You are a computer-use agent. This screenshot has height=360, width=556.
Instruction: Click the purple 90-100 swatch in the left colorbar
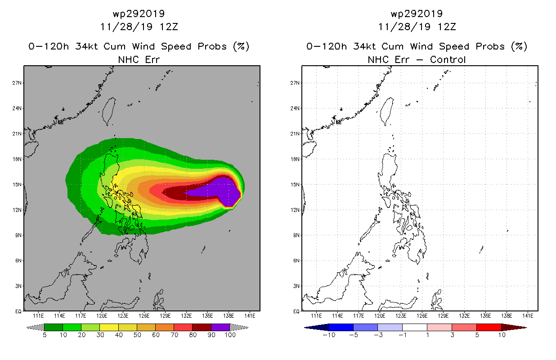pyautogui.click(x=220, y=327)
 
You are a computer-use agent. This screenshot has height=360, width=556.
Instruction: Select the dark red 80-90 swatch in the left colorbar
pyautogui.click(x=202, y=327)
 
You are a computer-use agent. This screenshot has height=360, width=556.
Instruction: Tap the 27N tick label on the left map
pyautogui.click(x=18, y=83)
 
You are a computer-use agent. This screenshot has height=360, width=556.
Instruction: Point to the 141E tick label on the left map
pyautogui.click(x=250, y=315)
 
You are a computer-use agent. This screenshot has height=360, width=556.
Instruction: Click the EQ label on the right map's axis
pyautogui.click(x=296, y=311)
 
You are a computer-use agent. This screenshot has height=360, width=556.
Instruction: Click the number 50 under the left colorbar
pyautogui.click(x=137, y=335)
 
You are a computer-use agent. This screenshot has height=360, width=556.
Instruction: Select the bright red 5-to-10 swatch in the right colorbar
pyautogui.click(x=489, y=327)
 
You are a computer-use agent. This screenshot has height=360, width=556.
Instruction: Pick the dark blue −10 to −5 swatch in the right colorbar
pyautogui.click(x=341, y=327)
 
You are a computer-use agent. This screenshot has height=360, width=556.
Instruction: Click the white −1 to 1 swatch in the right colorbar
pyautogui.click(x=415, y=327)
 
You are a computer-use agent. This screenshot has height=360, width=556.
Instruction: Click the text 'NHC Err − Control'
pyautogui.click(x=417, y=59)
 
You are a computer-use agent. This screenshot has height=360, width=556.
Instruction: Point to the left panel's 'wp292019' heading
pyautogui.click(x=139, y=13)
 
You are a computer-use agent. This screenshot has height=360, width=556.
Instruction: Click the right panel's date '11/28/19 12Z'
pyautogui.click(x=417, y=27)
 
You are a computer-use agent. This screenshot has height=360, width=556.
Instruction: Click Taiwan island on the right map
pyautogui.click(x=386, y=111)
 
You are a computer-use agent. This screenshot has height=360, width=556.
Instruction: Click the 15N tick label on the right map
pyautogui.click(x=296, y=184)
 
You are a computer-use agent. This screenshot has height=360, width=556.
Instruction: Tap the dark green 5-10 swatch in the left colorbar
pyautogui.click(x=54, y=327)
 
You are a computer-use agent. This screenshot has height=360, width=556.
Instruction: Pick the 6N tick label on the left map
pyautogui.click(x=19, y=261)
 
